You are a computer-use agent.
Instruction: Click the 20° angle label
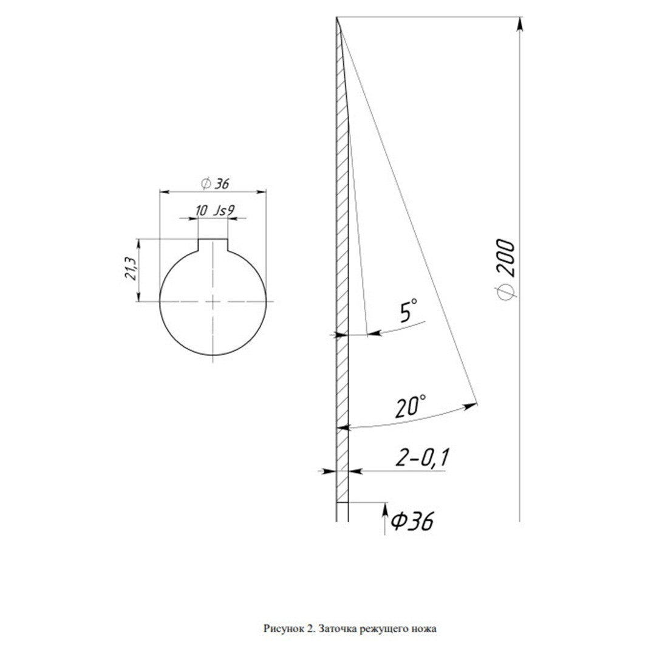click(x=410, y=406)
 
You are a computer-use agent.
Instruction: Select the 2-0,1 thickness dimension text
click(x=422, y=457)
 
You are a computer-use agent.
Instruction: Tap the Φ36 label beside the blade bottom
click(x=412, y=521)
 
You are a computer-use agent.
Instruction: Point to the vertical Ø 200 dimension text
click(x=506, y=269)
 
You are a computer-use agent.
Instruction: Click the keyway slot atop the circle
click(x=213, y=245)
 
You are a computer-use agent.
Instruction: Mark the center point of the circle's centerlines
click(x=213, y=302)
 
